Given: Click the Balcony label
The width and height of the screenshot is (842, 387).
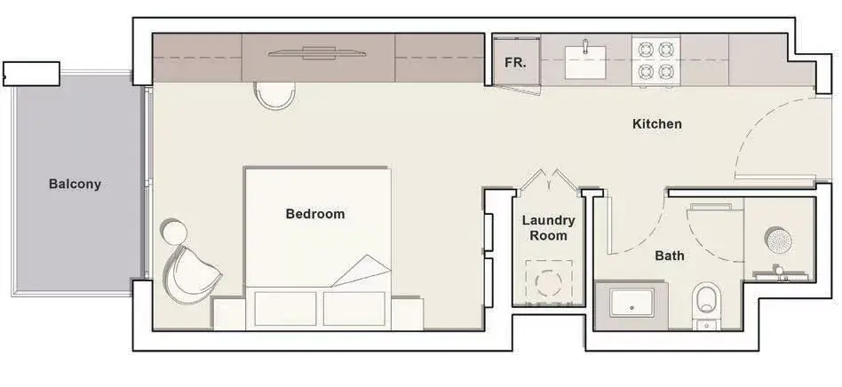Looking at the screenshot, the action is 75,184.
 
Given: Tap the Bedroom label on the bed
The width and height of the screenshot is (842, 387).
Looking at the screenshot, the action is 315,214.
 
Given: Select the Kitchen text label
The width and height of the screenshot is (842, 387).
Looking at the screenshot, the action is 657,124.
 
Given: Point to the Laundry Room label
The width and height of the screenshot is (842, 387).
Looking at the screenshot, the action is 549,227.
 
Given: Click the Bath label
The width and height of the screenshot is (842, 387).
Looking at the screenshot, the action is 670,256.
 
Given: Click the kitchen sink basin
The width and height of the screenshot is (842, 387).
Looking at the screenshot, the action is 585,62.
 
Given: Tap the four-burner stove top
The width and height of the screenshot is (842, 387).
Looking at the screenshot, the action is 656,60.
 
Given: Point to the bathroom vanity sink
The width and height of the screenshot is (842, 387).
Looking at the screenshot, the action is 632,303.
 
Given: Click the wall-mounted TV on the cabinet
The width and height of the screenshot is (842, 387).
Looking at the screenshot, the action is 317,53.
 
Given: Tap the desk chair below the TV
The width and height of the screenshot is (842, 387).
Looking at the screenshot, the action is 275,96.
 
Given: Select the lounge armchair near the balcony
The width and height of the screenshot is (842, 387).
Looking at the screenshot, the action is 191,273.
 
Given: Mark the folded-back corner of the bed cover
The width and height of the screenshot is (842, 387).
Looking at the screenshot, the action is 361,271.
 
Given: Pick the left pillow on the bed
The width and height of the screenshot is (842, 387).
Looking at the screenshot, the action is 285,308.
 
